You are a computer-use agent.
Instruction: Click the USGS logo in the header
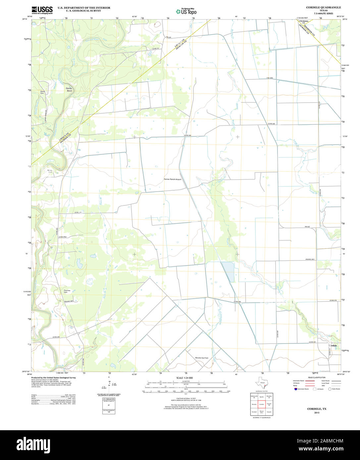[42, 10]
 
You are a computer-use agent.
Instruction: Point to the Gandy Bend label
[69, 89]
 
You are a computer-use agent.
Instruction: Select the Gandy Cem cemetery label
[42, 92]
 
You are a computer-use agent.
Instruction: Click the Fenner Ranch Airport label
[173, 179]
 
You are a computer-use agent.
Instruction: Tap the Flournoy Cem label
[67, 292]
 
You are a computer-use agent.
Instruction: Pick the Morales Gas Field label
[201, 358]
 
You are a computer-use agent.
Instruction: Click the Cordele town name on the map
[333, 345]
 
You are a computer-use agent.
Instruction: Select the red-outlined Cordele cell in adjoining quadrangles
[262, 404]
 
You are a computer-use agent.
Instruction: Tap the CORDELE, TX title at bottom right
[317, 409]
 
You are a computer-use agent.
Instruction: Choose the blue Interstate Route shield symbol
[295, 389]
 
